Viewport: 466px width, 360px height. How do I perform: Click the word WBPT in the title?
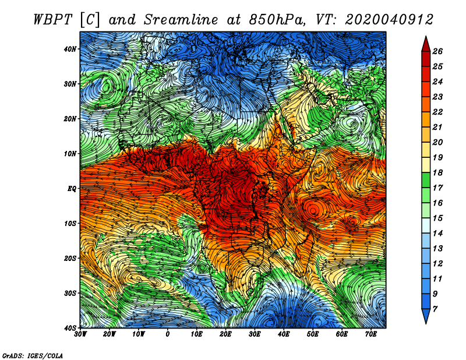(53, 20)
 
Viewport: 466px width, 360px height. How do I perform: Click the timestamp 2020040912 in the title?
(389, 20)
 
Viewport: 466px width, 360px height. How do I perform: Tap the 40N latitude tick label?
(70, 49)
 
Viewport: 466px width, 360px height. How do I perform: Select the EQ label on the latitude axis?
(72, 189)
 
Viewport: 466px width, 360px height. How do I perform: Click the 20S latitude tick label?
(70, 258)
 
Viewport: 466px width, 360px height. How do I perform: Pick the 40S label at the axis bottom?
(70, 328)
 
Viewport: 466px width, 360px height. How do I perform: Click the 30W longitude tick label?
(80, 334)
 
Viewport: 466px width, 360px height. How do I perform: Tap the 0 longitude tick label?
(168, 334)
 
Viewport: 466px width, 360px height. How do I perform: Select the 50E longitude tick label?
(313, 334)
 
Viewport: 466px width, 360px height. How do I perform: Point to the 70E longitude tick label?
(371, 334)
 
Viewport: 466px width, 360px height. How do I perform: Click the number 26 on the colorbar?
(437, 51)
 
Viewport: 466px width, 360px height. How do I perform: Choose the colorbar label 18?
(437, 172)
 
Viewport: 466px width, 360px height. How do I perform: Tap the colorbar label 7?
(435, 309)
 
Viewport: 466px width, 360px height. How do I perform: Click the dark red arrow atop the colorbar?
(426, 44)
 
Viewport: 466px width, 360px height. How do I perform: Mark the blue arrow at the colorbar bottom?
(426, 316)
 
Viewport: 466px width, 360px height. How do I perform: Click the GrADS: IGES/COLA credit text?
(33, 355)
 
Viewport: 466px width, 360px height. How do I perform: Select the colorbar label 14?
(437, 234)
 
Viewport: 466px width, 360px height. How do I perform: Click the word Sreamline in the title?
(181, 20)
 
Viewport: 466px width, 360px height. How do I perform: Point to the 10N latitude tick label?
(70, 154)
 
